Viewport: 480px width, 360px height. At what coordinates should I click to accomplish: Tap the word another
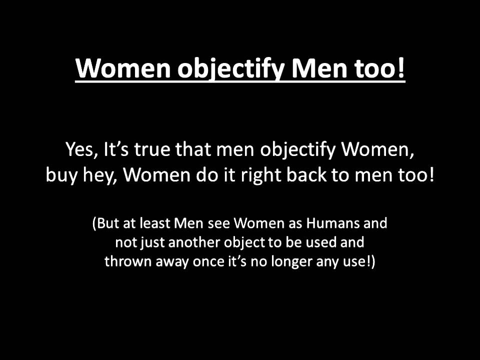(189, 242)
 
